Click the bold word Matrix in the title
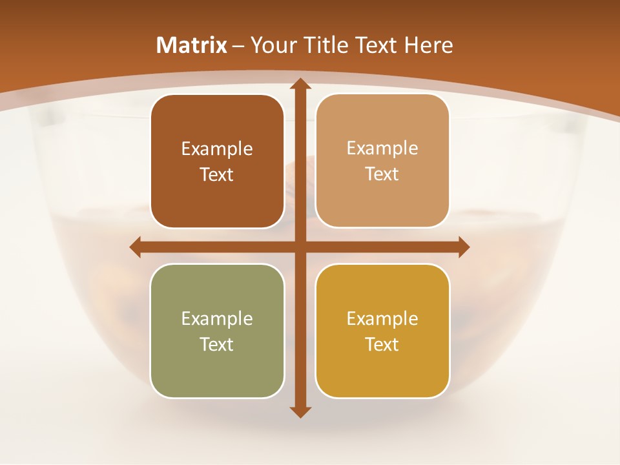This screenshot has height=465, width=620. pos(192,45)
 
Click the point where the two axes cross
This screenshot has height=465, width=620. pos(300,247)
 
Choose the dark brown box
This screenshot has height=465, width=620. pos(217,194)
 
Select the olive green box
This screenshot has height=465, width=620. pos(217,368)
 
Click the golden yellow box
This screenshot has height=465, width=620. pos(382,368)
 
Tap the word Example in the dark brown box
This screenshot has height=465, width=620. pos(217,149)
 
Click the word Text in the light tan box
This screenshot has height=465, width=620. pos(382,174)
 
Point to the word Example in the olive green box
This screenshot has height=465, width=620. pos(217,318)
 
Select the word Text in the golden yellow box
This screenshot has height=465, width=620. pos(382,344)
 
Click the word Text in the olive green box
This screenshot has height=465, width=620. pos(217,344)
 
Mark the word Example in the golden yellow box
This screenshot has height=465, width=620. pos(382,318)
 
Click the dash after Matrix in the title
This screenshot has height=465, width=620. pos(238,46)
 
